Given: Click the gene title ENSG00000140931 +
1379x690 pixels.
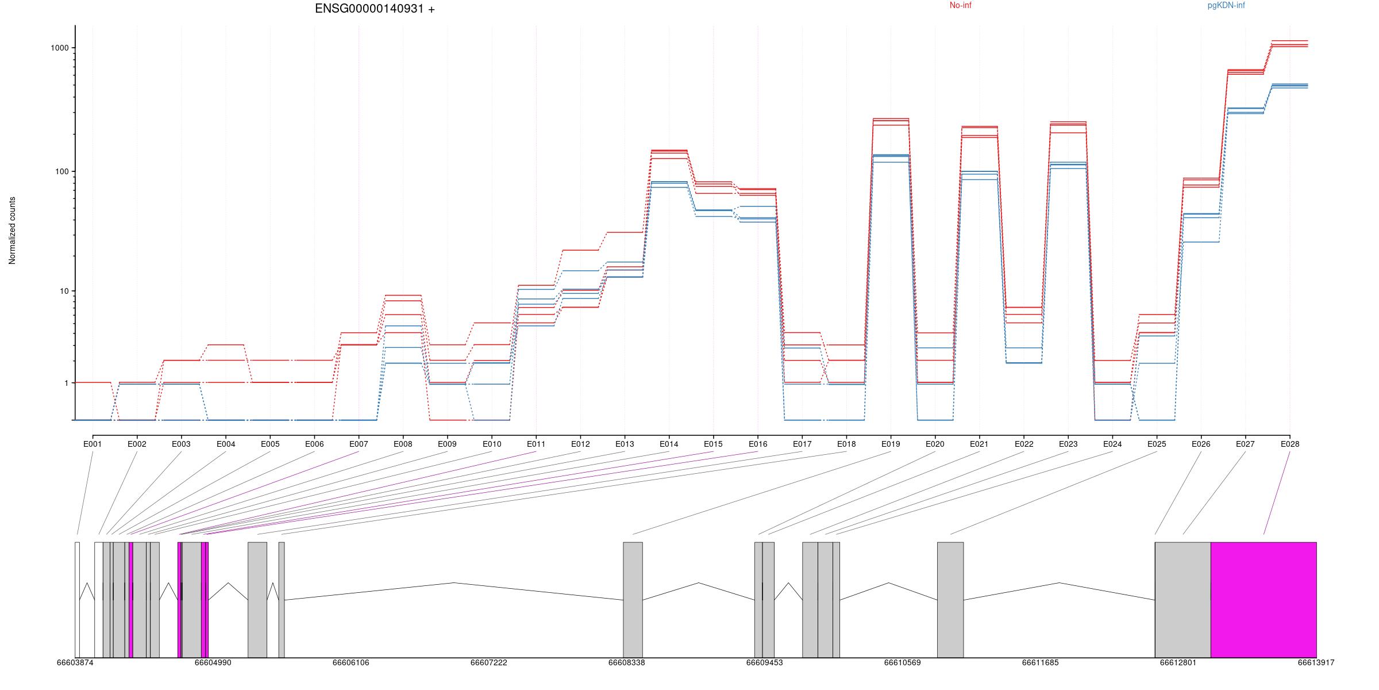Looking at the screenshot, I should [x=375, y=9].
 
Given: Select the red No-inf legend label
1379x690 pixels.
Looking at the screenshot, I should [x=960, y=6].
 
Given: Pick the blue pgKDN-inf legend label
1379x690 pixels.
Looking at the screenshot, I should [x=1226, y=6].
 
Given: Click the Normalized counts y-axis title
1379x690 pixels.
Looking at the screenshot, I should [x=13, y=231].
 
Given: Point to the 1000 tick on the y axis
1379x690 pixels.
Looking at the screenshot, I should [x=60, y=48].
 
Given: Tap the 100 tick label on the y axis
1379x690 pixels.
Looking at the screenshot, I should [x=62, y=171].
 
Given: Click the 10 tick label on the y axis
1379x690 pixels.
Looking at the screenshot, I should [x=64, y=291].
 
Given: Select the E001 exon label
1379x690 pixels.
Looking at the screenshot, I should [x=93, y=444].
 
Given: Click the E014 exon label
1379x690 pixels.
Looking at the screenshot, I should [x=669, y=444].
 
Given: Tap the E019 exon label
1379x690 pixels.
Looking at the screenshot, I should [x=891, y=444].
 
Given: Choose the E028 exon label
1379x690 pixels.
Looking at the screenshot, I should [x=1290, y=444].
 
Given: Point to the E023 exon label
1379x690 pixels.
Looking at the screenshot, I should [x=1068, y=444].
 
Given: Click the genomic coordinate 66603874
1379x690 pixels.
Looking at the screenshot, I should [x=75, y=662].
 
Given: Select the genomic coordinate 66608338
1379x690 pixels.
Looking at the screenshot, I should [x=626, y=662].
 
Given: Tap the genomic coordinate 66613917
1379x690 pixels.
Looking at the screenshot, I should [x=1316, y=662].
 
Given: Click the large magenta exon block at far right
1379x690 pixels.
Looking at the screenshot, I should [x=1264, y=599].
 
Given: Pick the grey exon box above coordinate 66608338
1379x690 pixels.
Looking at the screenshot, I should [x=633, y=599].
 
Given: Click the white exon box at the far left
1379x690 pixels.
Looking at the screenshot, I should [x=77, y=599].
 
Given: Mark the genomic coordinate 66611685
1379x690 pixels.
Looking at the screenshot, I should [x=1040, y=662].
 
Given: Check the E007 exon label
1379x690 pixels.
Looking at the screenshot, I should [x=359, y=444].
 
